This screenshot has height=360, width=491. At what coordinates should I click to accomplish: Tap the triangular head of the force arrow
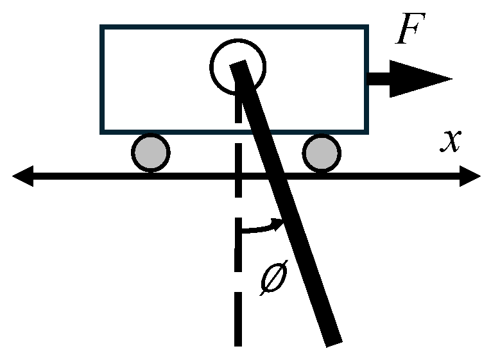pos(417,79)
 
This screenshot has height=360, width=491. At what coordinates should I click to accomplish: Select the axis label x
pos(451,141)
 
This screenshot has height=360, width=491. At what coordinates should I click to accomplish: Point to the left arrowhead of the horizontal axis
pos(22,176)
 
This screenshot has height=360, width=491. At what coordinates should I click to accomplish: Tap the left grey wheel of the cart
pos(150,153)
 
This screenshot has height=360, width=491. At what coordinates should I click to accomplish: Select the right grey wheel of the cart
pos(322,153)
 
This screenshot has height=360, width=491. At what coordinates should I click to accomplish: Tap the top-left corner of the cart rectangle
pos(101,27)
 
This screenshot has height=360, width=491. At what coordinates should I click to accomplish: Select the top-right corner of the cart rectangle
pos(367,27)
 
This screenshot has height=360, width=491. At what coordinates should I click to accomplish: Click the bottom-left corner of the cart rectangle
pos(101,132)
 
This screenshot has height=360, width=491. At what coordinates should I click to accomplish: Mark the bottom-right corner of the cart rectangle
pos(367,132)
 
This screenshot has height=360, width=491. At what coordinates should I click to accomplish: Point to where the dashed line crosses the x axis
pos(238,176)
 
